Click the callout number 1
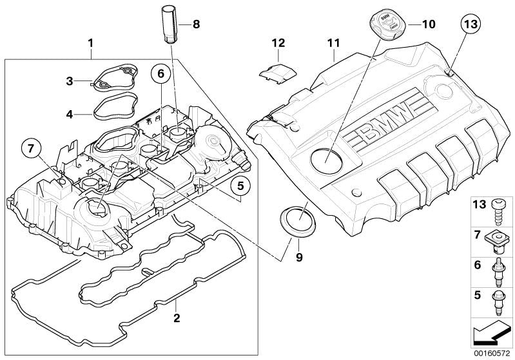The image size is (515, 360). (x=91, y=44)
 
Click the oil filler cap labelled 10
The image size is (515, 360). (x=385, y=22)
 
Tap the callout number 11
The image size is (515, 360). (x=333, y=44)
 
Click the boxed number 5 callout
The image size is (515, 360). (x=239, y=187)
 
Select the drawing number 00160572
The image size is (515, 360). (x=491, y=353)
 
